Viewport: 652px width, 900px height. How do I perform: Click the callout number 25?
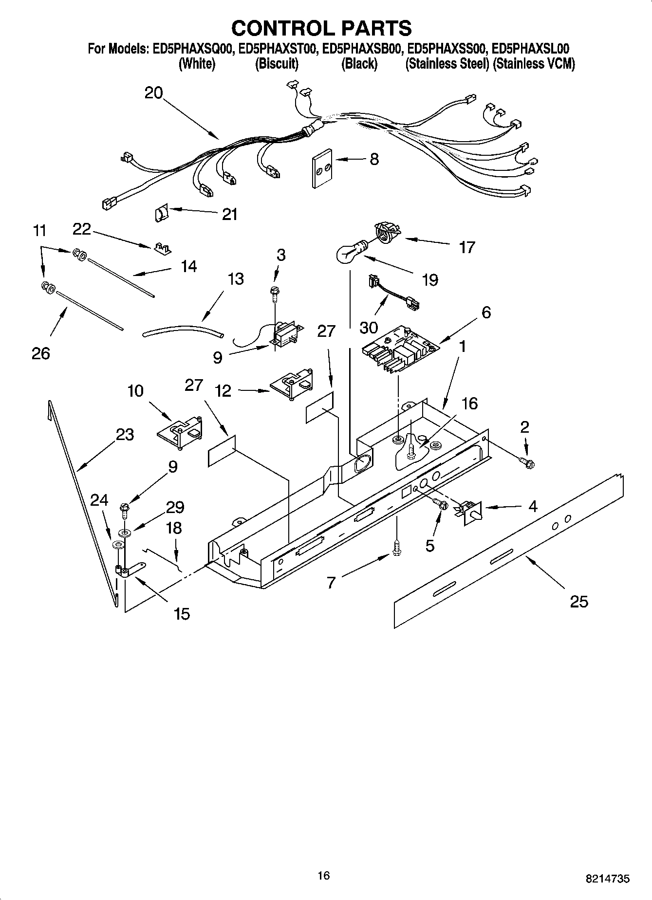(x=579, y=602)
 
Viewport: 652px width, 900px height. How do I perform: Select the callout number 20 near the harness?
(x=153, y=92)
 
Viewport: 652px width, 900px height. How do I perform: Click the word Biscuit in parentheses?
(x=277, y=64)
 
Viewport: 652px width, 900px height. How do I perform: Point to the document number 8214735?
(x=607, y=879)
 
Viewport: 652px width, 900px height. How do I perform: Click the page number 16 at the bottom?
(x=323, y=875)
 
